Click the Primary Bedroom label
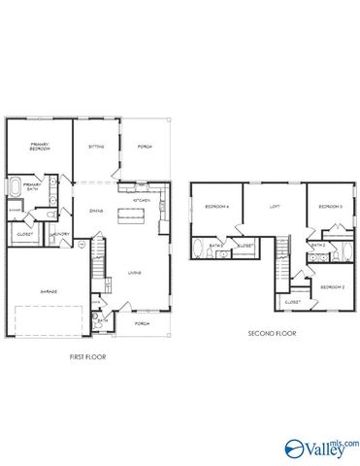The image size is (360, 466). (39, 148)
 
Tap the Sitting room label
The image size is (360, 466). (96, 147)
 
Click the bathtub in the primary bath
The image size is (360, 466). (15, 187)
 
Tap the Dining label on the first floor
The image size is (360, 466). (96, 211)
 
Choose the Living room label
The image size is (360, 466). (135, 273)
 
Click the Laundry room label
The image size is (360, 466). (60, 234)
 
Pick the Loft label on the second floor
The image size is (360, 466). (275, 207)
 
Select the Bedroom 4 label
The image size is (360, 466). (215, 207)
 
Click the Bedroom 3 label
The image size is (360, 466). (333, 207)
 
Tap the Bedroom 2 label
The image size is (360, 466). (333, 287)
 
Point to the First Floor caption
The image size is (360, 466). (87, 356)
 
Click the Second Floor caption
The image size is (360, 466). (272, 333)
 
